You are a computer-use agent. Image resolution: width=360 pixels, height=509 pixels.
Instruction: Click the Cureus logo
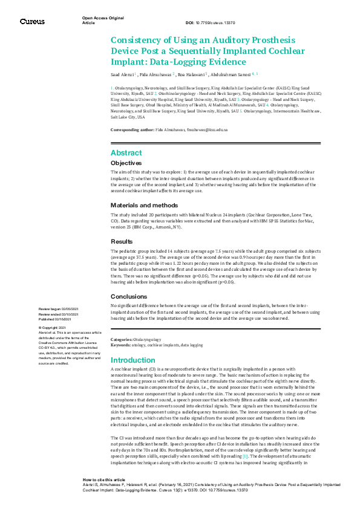tap(31, 22)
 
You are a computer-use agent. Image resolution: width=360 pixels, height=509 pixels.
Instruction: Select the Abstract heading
tap(126, 153)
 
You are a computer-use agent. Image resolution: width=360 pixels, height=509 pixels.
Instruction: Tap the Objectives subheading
tap(126, 163)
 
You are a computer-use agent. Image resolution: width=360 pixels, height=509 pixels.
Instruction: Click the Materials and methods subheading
tap(145, 206)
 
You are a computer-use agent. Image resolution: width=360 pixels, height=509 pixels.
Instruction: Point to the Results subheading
tap(122, 241)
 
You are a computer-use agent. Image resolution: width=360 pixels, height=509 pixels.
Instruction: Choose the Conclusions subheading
tap(129, 296)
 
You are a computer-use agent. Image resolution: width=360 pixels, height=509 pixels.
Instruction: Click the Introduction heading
tap(133, 360)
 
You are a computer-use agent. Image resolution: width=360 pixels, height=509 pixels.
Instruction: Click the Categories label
tap(120, 340)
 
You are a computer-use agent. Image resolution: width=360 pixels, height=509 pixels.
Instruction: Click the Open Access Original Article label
tap(103, 21)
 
